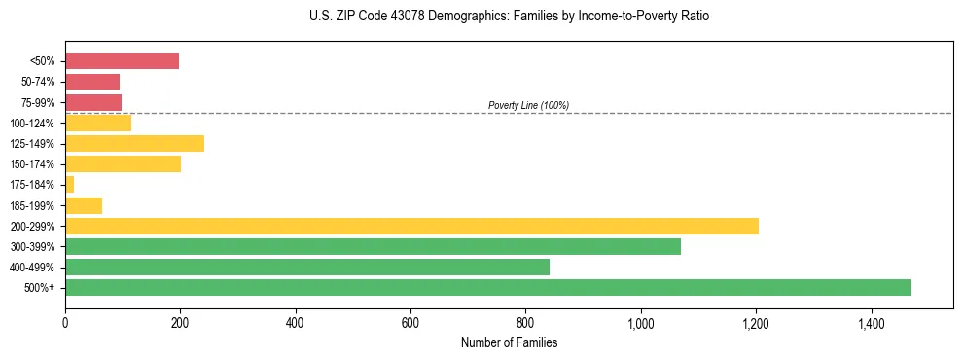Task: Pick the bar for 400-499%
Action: pyautogui.click(x=307, y=267)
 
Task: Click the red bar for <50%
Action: pyautogui.click(x=122, y=61)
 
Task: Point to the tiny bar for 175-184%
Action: pyautogui.click(x=69, y=184)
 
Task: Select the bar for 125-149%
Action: pyautogui.click(x=134, y=143)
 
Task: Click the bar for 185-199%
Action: pyautogui.click(x=84, y=205)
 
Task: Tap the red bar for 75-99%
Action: pyautogui.click(x=93, y=102)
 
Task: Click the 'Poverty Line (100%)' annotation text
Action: pyautogui.click(x=528, y=105)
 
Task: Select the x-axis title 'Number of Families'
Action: pyautogui.click(x=509, y=343)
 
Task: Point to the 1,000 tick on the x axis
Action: pyautogui.click(x=641, y=323)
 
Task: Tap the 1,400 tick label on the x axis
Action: pyautogui.click(x=871, y=323)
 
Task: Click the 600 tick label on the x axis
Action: pyautogui.click(x=410, y=323)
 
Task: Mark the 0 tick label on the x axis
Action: pyautogui.click(x=65, y=323)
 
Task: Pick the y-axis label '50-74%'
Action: pyautogui.click(x=38, y=82)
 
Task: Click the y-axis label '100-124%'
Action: pyautogui.click(x=34, y=123)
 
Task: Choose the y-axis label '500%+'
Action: pyautogui.click(x=40, y=288)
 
